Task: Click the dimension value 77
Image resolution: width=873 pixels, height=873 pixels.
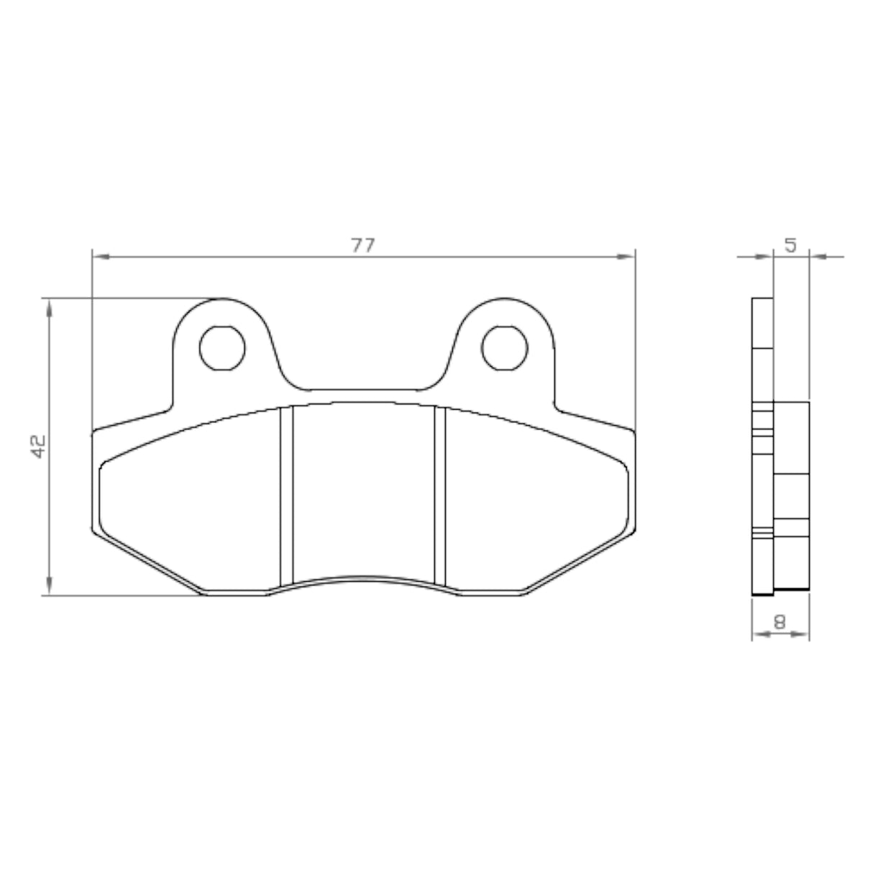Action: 363,245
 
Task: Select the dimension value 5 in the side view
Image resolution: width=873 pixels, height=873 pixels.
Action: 790,245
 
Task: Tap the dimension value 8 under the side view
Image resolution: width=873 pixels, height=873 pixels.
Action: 780,621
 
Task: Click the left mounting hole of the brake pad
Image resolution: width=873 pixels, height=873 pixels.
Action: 222,348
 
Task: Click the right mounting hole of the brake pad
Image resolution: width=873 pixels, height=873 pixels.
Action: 505,348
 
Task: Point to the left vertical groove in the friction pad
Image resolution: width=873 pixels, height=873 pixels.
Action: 286,496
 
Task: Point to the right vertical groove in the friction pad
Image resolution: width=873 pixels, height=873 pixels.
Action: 440,496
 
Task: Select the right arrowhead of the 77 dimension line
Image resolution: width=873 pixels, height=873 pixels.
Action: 629,255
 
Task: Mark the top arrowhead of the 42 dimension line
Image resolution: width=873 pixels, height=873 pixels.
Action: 49,308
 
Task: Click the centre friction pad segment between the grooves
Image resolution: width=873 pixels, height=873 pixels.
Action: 363,489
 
